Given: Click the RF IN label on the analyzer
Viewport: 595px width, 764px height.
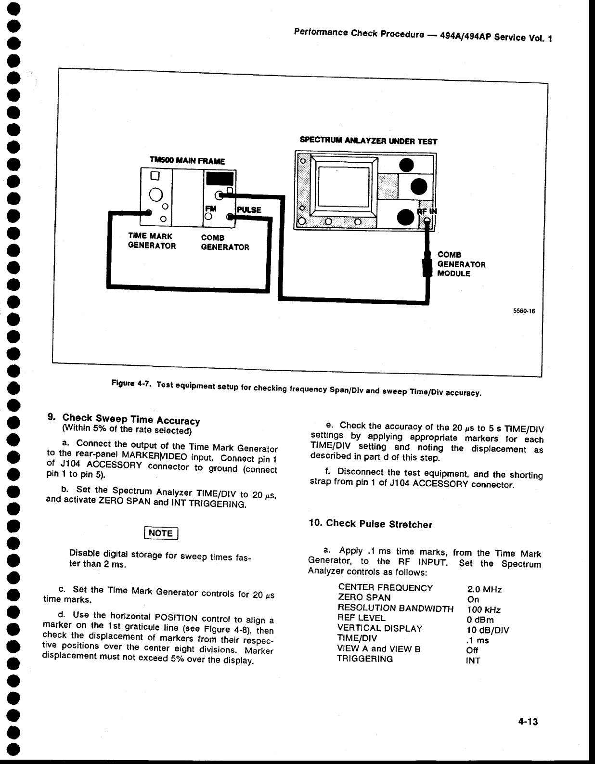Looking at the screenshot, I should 427,212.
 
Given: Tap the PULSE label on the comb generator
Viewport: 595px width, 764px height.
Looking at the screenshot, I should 249,210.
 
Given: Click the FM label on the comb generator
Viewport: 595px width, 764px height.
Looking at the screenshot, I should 211,209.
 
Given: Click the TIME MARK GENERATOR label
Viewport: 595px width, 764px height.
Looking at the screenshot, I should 152,241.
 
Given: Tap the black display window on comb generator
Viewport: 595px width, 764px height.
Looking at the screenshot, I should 219,180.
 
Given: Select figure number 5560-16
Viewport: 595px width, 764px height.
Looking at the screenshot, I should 524,311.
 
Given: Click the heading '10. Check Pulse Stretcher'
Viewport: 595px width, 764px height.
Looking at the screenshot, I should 370,524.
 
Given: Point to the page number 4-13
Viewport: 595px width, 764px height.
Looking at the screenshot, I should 527,722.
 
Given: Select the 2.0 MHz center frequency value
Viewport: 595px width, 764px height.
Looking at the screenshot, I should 484,590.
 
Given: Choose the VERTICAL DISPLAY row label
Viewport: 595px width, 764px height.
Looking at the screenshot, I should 380,628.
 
